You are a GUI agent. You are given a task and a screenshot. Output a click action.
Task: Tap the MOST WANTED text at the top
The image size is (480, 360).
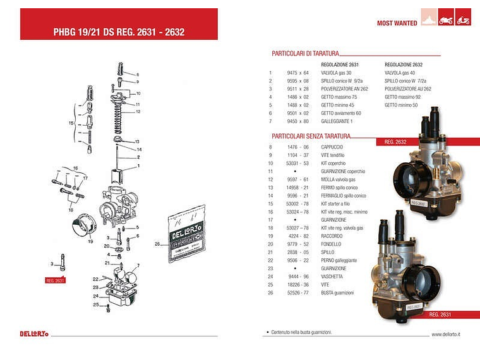397,23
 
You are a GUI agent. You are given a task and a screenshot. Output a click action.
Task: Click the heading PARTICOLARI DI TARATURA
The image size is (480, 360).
305,54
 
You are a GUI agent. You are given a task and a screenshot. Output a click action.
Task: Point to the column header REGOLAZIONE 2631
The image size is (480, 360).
340,64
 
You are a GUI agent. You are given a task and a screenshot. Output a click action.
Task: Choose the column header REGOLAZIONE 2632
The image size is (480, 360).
404,64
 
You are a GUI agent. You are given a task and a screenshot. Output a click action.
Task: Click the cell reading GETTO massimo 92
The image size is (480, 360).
402,97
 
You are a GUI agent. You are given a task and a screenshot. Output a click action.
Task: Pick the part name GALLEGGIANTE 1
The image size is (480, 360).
337,121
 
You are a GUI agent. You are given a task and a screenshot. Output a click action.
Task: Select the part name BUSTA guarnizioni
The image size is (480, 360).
337,292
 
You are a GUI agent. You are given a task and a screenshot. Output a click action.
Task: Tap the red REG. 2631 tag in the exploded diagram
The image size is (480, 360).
55,280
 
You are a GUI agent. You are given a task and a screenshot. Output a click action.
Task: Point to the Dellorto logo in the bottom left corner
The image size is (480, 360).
33,333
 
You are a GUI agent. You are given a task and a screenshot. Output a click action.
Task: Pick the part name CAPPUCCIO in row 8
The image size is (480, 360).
332,147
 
